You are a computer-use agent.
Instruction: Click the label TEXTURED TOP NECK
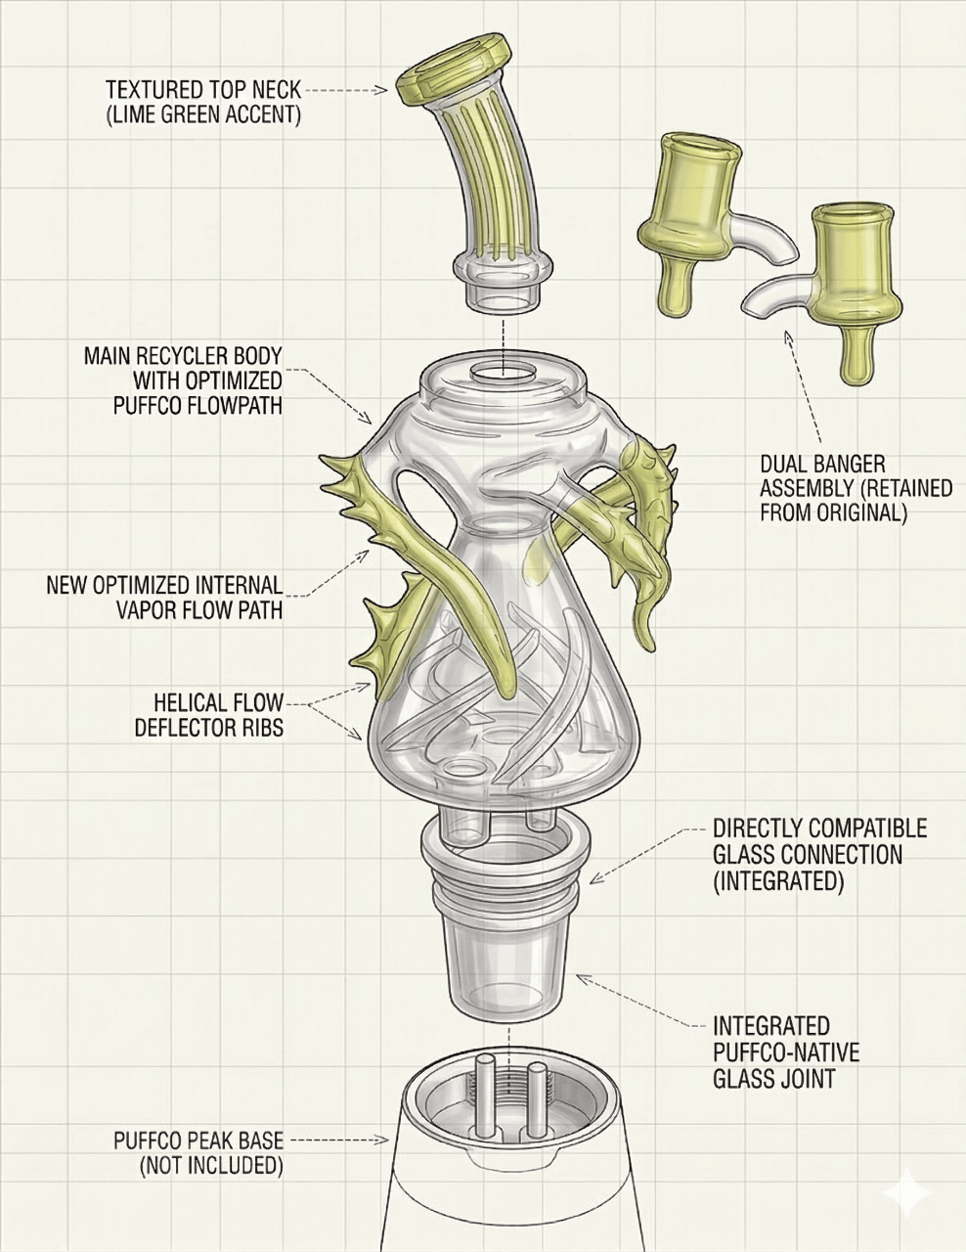coord(203,90)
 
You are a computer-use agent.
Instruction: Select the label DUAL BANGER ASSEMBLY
coord(856,487)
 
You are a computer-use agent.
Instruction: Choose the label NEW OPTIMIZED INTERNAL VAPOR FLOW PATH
coord(164,598)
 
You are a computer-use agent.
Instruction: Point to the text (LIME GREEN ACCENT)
coord(203,115)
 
